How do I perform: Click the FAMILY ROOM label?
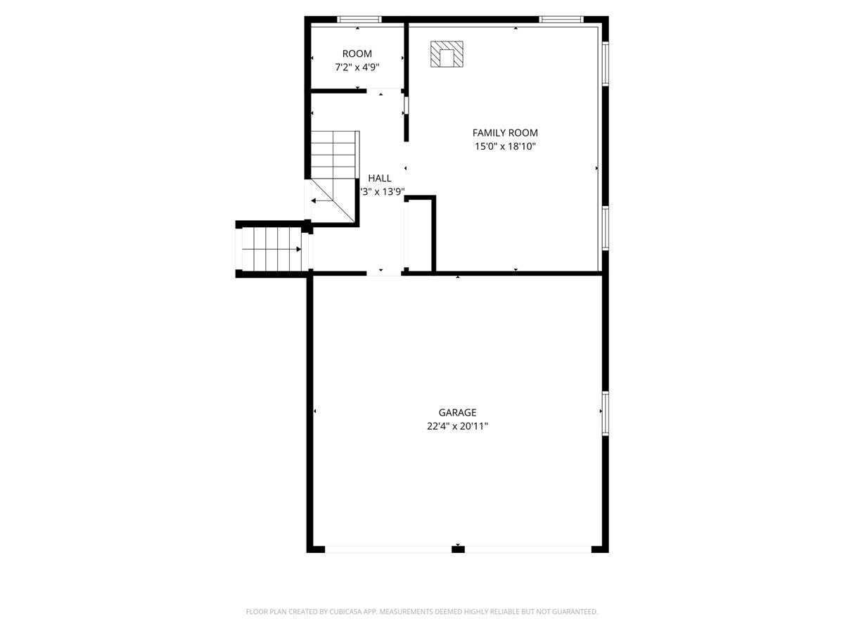point(505,132)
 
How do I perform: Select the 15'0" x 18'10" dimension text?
point(505,146)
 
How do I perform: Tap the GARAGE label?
point(457,413)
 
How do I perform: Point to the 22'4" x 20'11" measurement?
point(457,426)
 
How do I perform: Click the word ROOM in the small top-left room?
point(357,53)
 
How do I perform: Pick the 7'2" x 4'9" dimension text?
point(357,68)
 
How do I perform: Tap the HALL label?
point(380,178)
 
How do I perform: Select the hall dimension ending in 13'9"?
point(382,191)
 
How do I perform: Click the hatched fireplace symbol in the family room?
point(447,54)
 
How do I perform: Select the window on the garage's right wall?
point(604,414)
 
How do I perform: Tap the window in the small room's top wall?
point(359,19)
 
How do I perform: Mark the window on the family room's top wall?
point(561,19)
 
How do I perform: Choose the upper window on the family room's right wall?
point(604,64)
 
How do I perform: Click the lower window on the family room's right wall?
point(604,229)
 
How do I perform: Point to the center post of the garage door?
point(458,549)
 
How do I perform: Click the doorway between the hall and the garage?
point(383,273)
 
